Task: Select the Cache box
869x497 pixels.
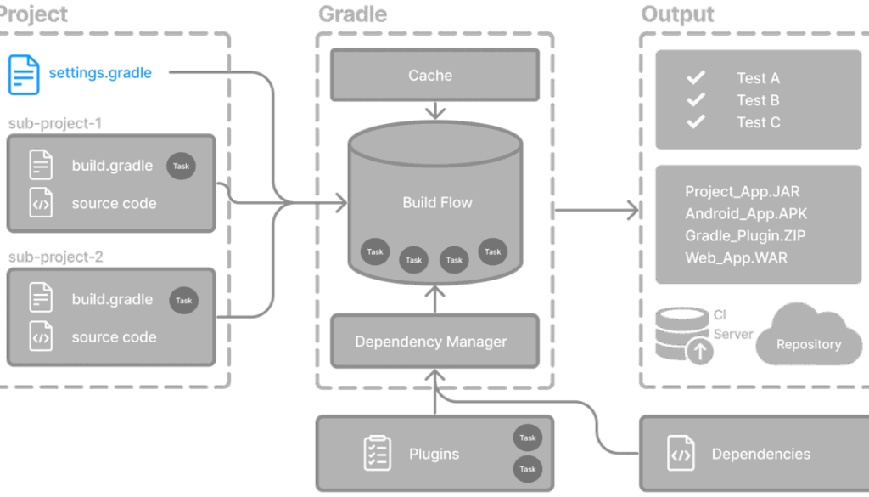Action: [434, 75]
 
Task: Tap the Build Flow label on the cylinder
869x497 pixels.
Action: [437, 203]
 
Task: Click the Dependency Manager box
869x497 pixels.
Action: [434, 342]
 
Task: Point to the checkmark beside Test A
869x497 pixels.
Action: [696, 78]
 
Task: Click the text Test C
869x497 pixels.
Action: [758, 122]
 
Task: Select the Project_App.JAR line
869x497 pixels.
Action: [742, 192]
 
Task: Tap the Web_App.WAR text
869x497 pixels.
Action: [736, 257]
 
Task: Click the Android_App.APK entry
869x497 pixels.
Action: [746, 214]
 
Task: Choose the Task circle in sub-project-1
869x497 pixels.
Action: [181, 167]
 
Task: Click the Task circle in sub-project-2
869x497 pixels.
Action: [183, 301]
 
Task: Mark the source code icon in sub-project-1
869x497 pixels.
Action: [41, 204]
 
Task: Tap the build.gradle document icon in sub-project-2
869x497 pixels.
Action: [41, 297]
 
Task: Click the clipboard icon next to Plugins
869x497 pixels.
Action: [378, 454]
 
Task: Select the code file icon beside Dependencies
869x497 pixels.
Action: [681, 454]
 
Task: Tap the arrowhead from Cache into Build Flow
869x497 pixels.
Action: [434, 114]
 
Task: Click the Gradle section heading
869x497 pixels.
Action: [352, 14]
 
